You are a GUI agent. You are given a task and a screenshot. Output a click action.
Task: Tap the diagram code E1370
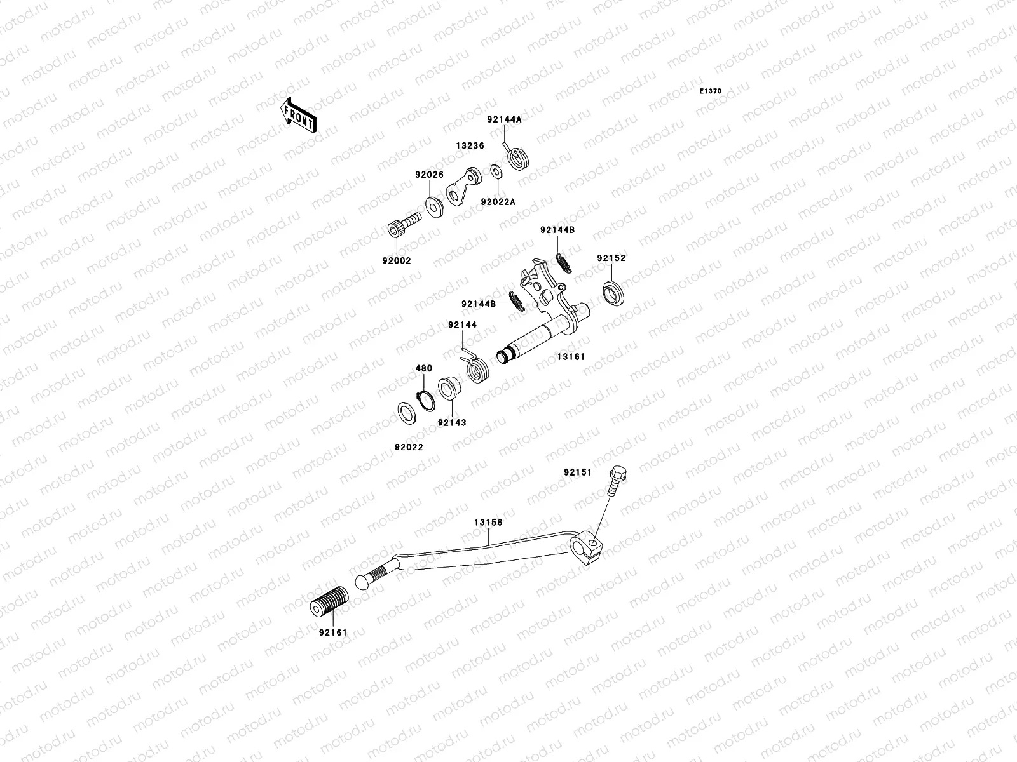711,91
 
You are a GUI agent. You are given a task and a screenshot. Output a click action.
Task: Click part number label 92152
611,258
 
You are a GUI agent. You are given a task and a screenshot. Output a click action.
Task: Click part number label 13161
571,357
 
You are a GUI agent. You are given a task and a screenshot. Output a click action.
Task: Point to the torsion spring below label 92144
477,368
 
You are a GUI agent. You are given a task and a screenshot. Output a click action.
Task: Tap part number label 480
424,368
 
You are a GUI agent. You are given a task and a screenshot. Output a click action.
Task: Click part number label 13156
488,523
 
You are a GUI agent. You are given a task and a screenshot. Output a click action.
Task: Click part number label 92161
334,632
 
